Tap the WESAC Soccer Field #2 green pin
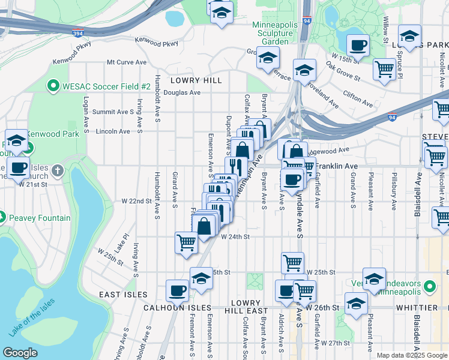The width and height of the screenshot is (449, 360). coord(53,86)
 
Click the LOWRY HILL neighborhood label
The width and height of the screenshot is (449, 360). coord(196,80)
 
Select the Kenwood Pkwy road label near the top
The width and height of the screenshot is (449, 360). coord(157,43)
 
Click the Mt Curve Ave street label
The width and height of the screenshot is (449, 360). coord(127,62)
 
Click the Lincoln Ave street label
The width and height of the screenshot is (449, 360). coord(113,131)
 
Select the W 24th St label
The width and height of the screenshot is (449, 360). coord(235,237)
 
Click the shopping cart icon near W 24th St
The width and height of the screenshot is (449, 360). coord(187,242)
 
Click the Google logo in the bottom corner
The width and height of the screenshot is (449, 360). coord(20,353)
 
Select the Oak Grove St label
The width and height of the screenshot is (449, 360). coord(343,70)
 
